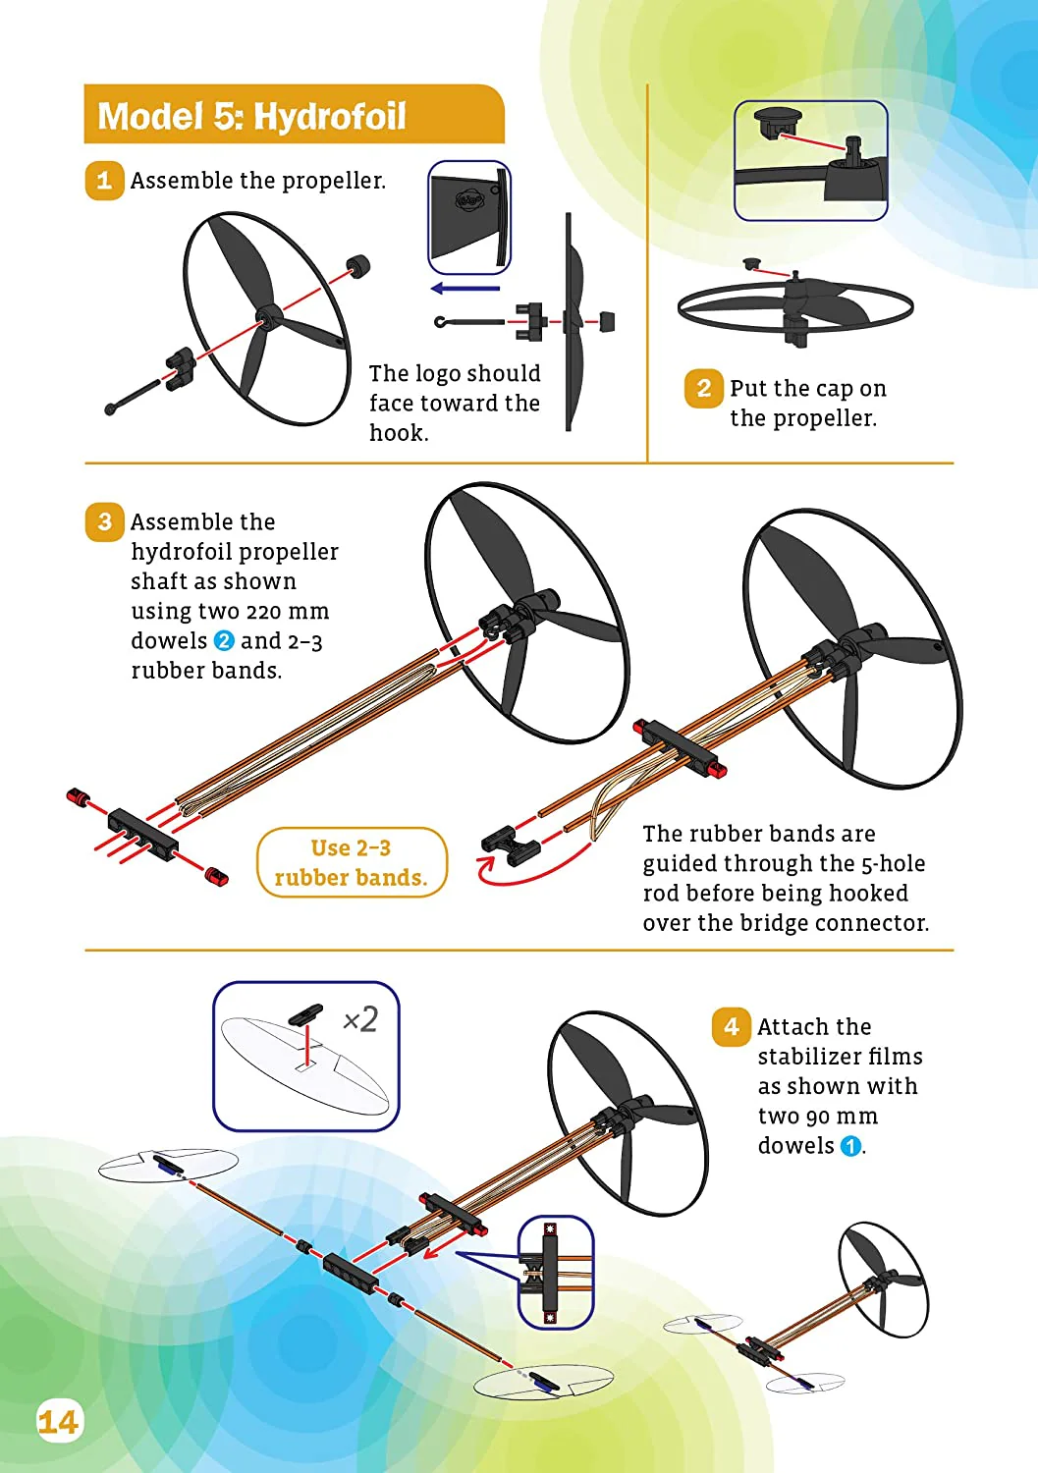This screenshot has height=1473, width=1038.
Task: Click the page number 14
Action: click(59, 1422)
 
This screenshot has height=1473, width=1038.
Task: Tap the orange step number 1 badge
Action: click(105, 180)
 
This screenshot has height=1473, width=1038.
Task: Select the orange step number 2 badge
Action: click(704, 388)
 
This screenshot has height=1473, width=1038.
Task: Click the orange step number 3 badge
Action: click(105, 522)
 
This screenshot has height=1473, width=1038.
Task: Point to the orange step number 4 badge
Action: click(732, 1026)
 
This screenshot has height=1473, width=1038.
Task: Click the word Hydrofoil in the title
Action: click(330, 117)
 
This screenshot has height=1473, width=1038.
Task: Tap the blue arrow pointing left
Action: click(465, 288)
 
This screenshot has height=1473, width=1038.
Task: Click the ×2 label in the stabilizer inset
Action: click(360, 1020)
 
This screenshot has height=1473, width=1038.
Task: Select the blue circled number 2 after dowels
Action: click(224, 640)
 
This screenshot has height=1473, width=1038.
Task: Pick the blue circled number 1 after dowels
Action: click(850, 1146)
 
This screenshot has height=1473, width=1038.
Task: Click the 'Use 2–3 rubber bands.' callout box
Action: click(352, 862)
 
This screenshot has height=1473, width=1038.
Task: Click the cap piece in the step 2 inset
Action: click(778, 123)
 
